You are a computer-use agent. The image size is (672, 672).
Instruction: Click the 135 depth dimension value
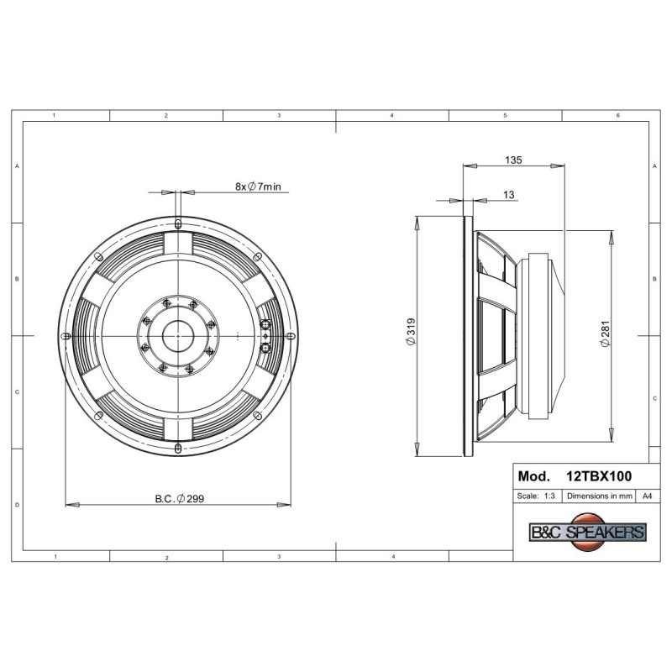coord(513,160)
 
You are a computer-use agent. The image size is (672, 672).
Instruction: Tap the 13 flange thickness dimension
coord(508,195)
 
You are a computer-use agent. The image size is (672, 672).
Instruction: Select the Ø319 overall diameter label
coord(410,331)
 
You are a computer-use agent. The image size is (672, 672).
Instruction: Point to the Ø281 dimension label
coord(604,333)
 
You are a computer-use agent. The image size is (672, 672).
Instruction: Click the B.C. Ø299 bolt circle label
coord(180,498)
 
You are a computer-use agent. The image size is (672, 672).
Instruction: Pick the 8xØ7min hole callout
coord(258,186)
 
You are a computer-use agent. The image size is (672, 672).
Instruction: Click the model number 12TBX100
coord(599,476)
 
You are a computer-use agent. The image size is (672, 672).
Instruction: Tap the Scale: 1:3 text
coord(536,496)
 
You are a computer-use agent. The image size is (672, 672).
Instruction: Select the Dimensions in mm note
coord(599,496)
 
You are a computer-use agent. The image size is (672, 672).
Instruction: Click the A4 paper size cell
coord(647,496)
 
